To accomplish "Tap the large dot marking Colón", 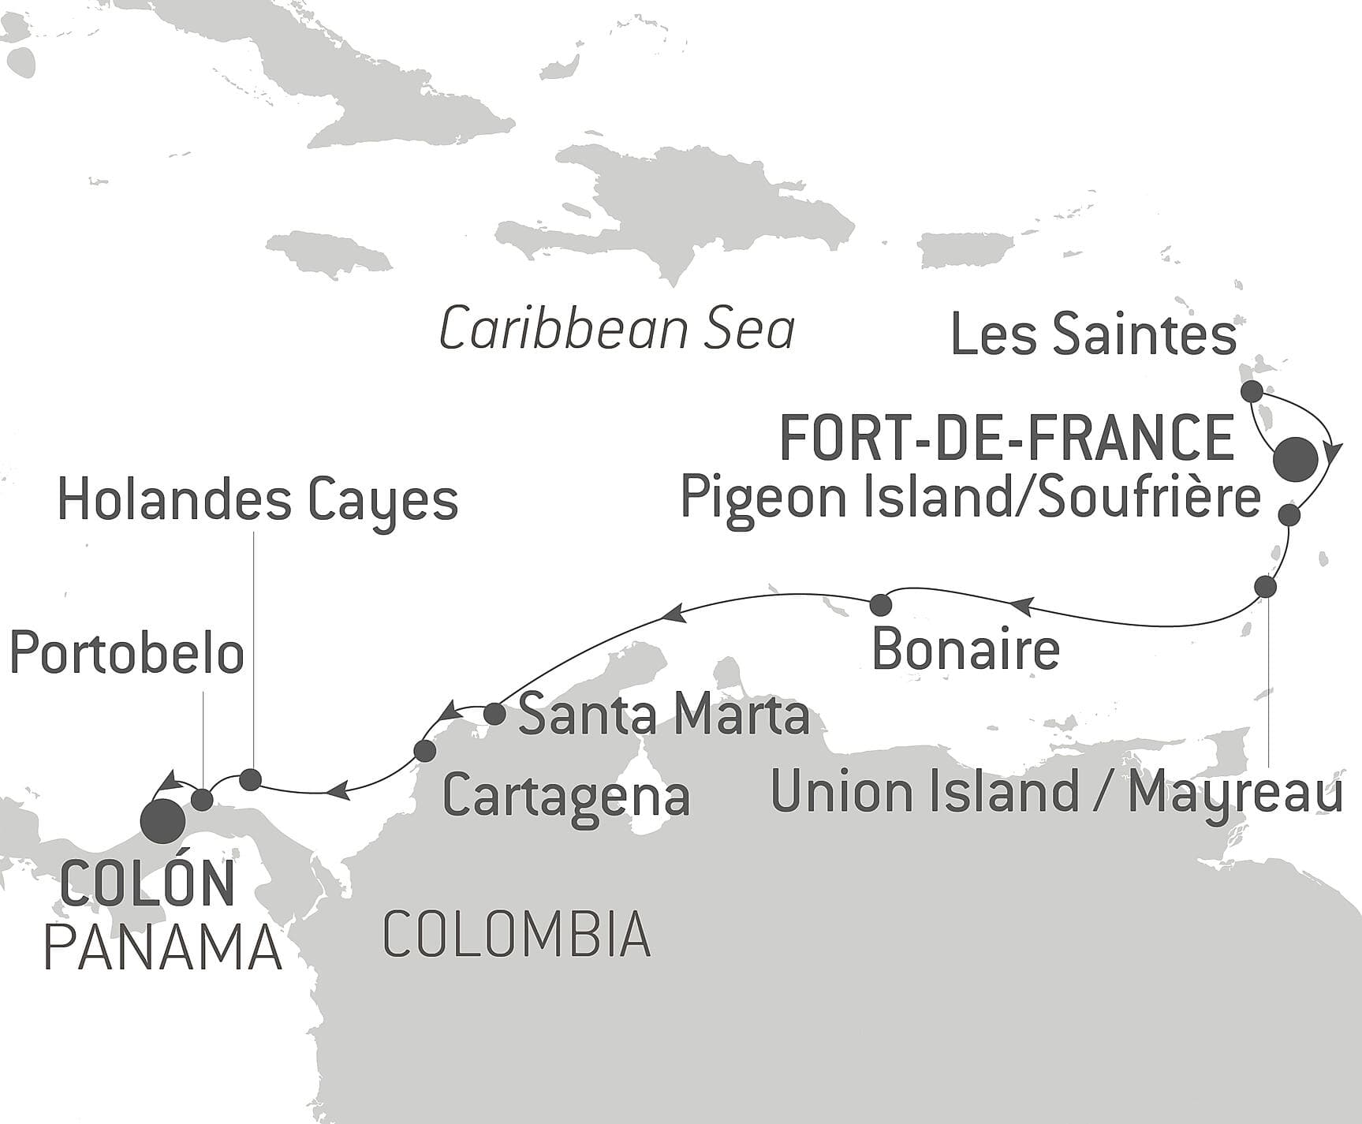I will pos(162,821).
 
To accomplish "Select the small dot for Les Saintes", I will pos(1251,391).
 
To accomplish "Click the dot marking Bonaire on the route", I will pos(880,605).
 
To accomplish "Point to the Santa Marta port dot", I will pos(494,714).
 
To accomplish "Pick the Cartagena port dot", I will pos(424,750).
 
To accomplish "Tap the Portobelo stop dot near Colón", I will pos(203,800).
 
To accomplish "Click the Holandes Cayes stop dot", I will pos(250,779).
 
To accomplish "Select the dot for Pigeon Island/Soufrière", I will pos(1289,515).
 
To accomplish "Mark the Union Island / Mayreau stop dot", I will pos(1265,587).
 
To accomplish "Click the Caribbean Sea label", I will pos(616,330).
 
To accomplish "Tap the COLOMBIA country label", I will pos(517,934).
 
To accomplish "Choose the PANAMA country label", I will pos(162,947).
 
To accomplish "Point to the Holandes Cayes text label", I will pos(258,501).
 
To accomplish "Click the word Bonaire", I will pos(965,650).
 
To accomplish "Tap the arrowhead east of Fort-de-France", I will pos(1334,453).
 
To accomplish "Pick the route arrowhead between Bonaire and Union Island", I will pos(1021,606).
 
